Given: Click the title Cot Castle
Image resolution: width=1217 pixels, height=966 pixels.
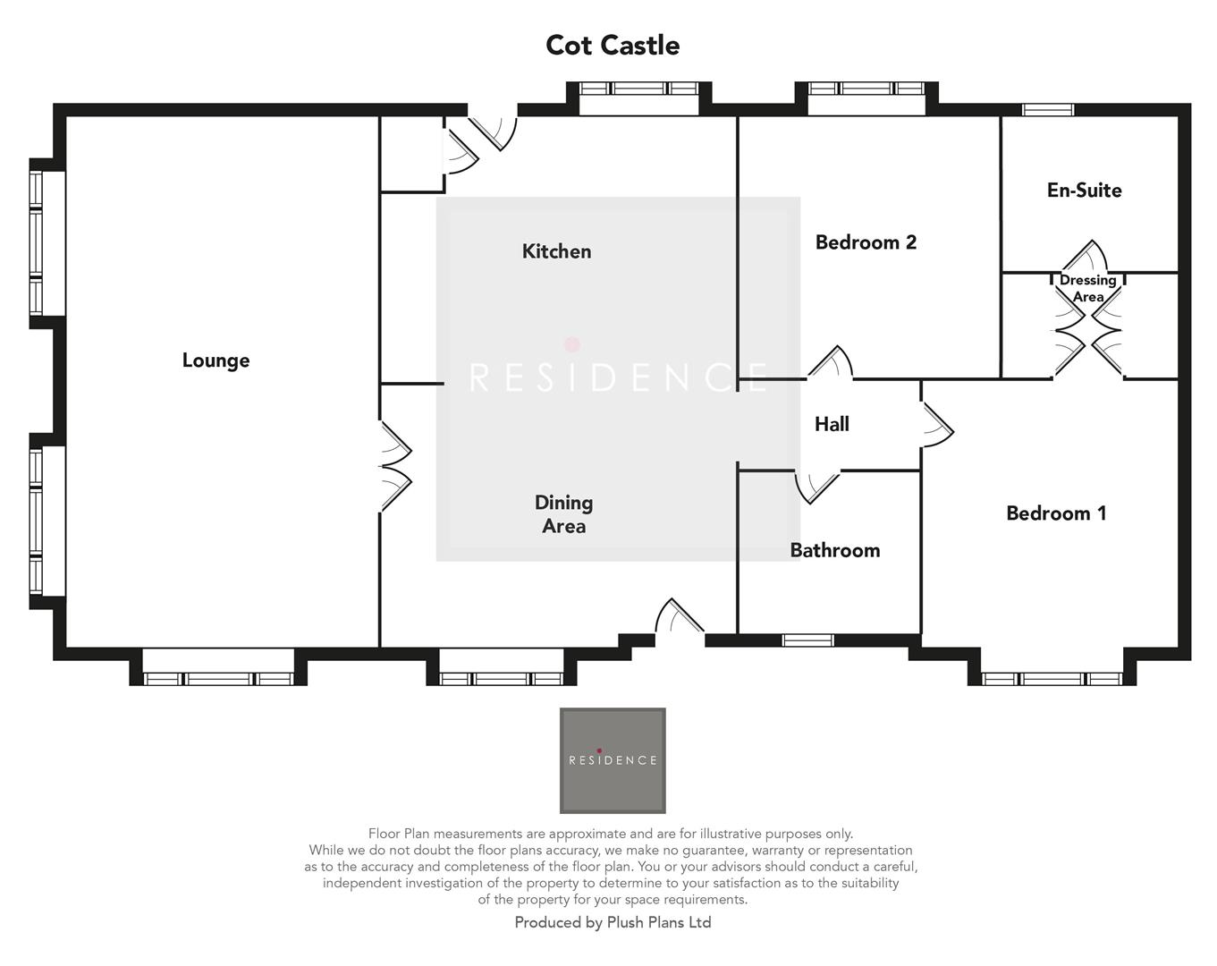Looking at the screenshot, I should click(613, 46).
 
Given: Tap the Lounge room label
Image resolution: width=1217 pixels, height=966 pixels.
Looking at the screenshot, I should click(216, 360).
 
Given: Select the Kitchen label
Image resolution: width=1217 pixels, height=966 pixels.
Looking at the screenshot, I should click(556, 251).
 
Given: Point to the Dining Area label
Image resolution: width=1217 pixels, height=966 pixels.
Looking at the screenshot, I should click(563, 514).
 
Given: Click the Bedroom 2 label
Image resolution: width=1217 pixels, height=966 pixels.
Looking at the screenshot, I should click(866, 242).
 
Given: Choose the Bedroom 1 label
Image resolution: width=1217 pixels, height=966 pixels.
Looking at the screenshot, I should click(1056, 513).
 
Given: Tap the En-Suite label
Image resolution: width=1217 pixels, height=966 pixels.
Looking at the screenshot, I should click(1084, 190).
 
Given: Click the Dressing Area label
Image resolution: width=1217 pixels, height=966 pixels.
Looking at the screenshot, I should click(1087, 288).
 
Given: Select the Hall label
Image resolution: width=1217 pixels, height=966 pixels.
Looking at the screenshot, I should click(832, 424).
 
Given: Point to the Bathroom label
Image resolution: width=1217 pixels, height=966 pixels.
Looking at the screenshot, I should click(834, 550).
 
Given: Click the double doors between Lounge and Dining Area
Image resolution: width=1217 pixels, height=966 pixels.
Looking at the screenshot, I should click(395, 466).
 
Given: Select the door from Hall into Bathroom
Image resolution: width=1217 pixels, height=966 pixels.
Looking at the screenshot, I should click(816, 486).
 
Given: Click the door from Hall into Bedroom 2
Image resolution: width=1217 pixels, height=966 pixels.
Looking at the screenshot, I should click(831, 363).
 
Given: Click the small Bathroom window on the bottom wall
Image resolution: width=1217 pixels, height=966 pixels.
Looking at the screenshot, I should click(807, 640).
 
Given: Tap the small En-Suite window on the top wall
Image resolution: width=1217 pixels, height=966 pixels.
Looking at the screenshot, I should click(1048, 110).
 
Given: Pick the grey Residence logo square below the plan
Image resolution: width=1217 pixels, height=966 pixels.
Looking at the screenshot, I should click(613, 760).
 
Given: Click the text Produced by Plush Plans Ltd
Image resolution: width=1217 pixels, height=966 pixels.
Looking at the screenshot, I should click(613, 922).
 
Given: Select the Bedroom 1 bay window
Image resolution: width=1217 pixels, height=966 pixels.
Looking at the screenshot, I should click(1052, 678).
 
